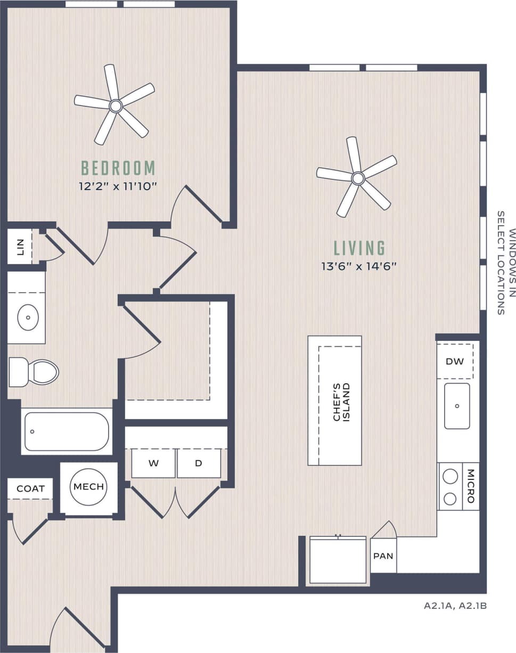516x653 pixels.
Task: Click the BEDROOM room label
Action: click(118, 168)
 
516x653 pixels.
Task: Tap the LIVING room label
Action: click(359, 248)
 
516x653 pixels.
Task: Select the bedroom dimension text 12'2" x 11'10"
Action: click(118, 186)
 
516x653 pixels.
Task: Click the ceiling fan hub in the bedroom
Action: click(116, 105)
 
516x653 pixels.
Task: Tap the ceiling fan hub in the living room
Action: click(358, 178)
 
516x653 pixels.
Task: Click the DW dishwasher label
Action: click(455, 361)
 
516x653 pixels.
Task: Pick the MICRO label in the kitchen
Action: click(471, 486)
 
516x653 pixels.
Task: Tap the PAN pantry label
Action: click(383, 556)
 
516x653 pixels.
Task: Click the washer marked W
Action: click(153, 463)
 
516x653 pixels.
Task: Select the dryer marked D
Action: click(199, 463)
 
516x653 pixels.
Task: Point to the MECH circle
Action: click(88, 487)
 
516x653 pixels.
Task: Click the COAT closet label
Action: click(30, 488)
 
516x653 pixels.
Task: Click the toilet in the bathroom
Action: click(35, 372)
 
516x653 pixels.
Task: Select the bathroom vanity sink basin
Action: click(28, 319)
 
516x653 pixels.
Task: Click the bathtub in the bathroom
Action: click(66, 431)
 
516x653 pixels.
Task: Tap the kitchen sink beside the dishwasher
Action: click(457, 406)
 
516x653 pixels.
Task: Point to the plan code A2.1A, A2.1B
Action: click(455, 606)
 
